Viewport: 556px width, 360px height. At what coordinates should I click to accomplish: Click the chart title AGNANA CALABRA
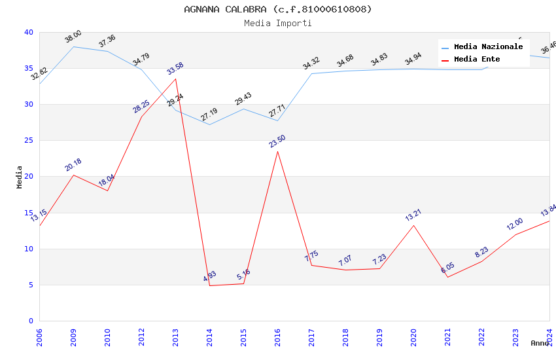[x=277, y=9]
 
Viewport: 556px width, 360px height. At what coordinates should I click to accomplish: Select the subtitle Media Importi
[x=277, y=23]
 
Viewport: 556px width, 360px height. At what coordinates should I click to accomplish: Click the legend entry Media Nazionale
[x=488, y=47]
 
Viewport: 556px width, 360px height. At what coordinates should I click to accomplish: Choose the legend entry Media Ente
[x=477, y=60]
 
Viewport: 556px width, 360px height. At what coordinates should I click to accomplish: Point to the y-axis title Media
[x=19, y=177]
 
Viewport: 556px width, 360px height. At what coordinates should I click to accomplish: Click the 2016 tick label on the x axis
[x=277, y=337]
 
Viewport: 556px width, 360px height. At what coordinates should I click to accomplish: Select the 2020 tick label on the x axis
[x=413, y=337]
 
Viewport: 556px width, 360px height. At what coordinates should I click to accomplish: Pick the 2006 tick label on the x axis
[x=39, y=337]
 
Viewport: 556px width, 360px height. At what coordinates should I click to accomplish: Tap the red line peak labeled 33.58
[x=175, y=79]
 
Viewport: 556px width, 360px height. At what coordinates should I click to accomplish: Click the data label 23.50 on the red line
[x=277, y=141]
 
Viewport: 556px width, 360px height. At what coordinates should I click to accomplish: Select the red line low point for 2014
[x=209, y=285]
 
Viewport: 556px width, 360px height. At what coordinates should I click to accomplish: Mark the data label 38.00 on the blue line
[x=73, y=37]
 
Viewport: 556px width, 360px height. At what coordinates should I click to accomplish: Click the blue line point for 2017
[x=311, y=73]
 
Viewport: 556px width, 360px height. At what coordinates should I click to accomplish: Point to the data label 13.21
[x=413, y=215]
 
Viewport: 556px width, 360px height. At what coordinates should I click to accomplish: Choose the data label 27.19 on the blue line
[x=209, y=115]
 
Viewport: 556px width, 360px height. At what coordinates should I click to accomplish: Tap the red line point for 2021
[x=447, y=277]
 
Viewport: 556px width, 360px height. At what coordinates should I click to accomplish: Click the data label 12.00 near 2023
[x=515, y=225]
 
